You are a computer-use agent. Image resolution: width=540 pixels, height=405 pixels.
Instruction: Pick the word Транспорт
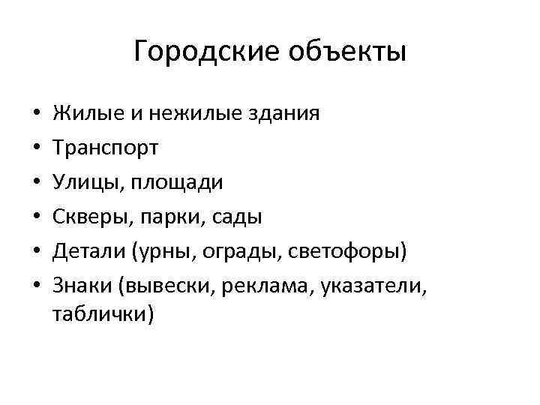(x=105, y=148)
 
